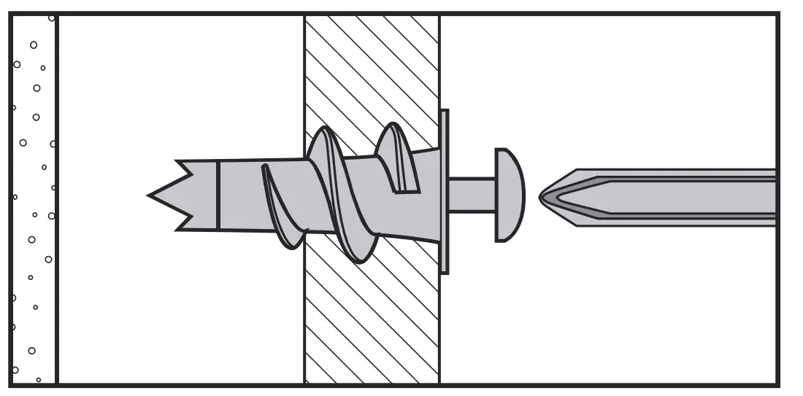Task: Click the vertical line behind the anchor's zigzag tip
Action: tap(218, 195)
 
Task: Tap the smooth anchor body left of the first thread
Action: tap(241, 195)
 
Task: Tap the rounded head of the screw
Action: tap(510, 195)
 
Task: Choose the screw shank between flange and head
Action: tap(472, 195)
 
